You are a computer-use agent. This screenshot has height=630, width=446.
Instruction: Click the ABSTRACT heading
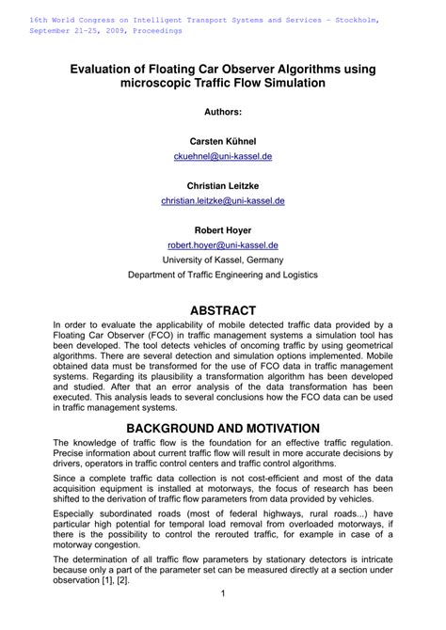coord(223,309)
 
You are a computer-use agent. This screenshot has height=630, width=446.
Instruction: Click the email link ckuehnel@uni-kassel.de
coord(223,156)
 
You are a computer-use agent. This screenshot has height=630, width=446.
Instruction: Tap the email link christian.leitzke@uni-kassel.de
coord(223,200)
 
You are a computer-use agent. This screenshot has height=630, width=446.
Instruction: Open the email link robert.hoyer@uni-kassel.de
coord(223,244)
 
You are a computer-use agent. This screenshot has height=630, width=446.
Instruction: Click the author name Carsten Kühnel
coord(223,140)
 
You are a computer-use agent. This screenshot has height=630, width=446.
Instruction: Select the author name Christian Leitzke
coord(223,185)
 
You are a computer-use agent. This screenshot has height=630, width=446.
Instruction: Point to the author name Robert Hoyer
coord(223,229)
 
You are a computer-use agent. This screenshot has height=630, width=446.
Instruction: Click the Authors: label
coord(223,112)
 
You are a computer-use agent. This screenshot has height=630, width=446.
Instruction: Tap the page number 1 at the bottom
coord(223,593)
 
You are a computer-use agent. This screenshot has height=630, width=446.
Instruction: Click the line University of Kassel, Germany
coord(223,260)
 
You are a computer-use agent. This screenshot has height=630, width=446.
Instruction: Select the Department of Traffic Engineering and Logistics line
coord(223,275)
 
